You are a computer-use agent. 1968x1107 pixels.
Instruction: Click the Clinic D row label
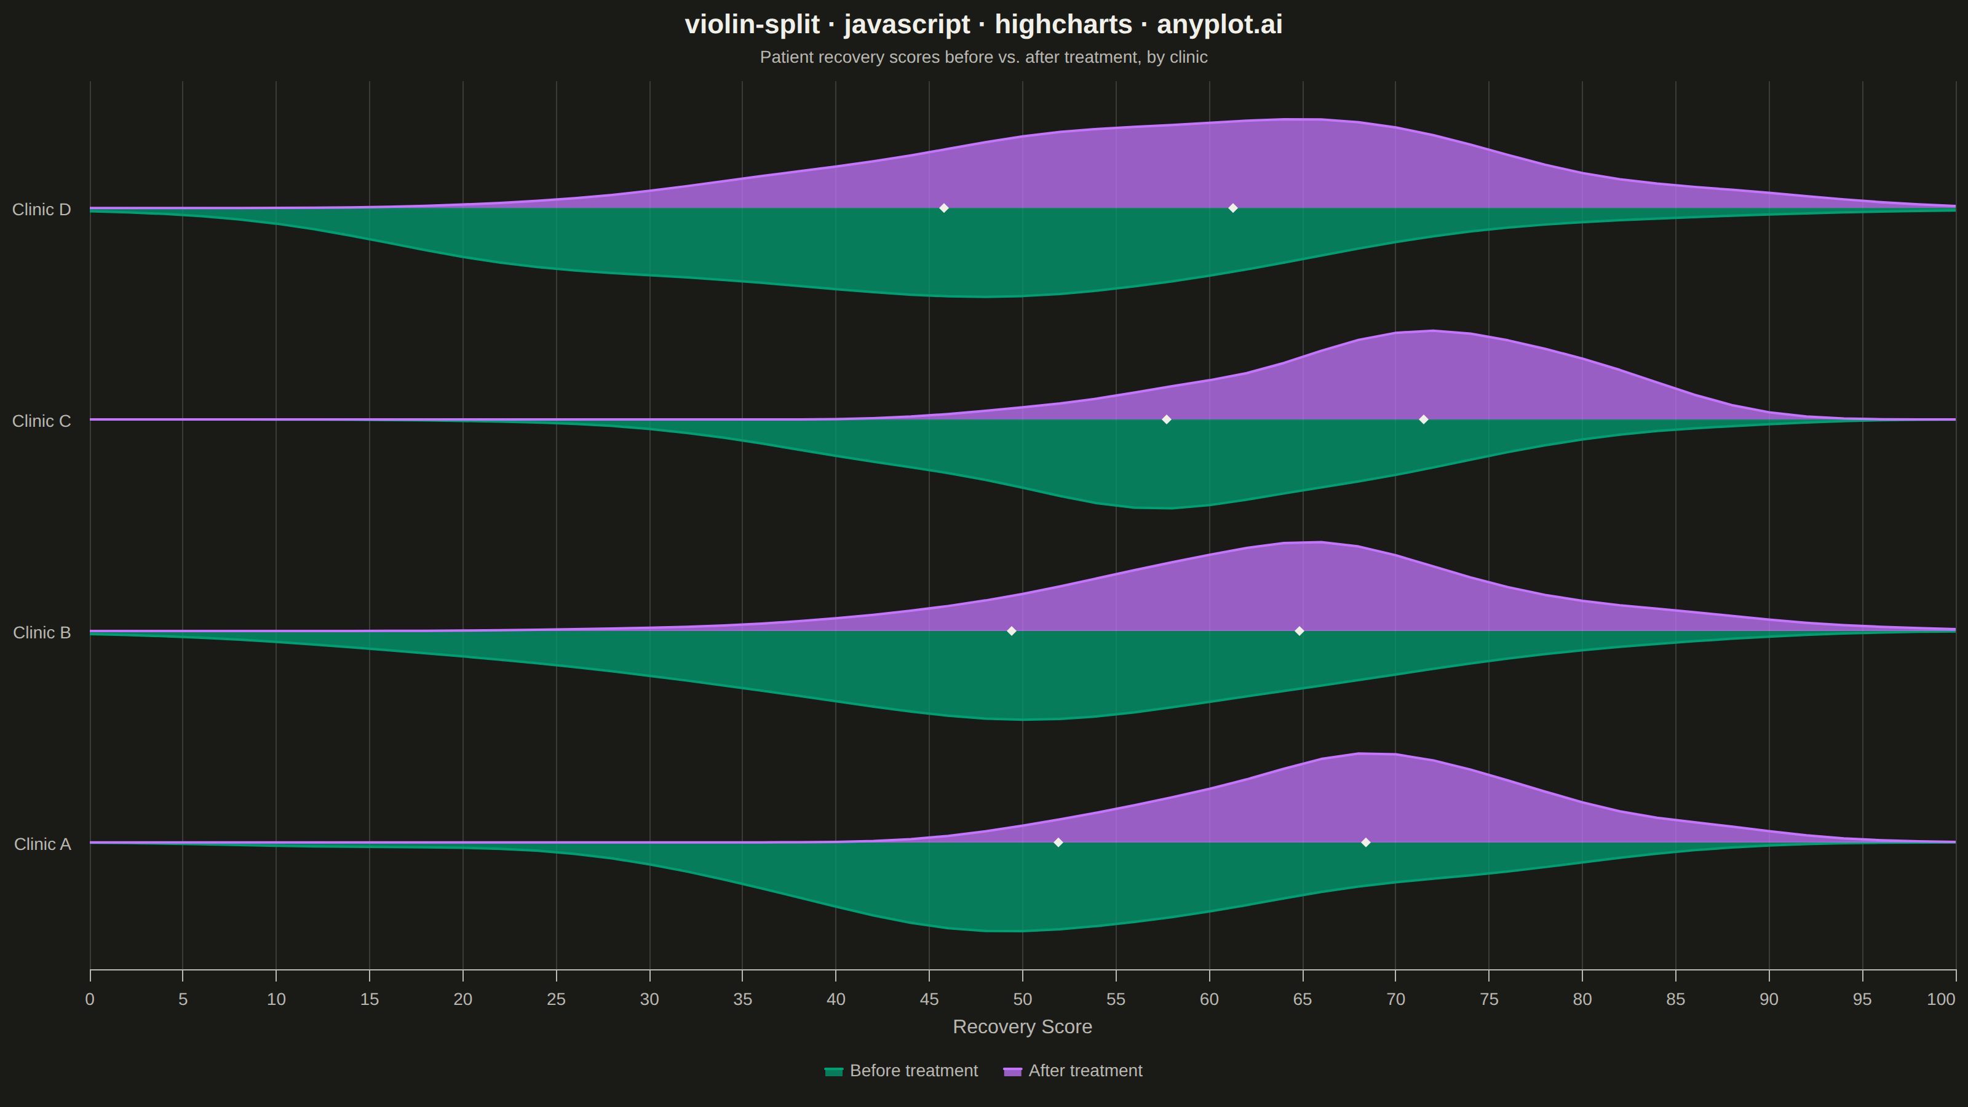(x=41, y=209)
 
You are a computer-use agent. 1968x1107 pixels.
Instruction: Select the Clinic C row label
(x=41, y=421)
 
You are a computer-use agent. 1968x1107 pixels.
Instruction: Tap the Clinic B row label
(x=41, y=633)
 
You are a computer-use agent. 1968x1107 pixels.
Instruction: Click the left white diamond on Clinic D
(x=943, y=208)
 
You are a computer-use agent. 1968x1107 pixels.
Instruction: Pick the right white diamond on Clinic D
(x=1232, y=208)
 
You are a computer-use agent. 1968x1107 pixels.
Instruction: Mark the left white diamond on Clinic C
(x=1166, y=419)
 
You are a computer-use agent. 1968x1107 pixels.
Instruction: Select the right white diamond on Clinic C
(x=1423, y=419)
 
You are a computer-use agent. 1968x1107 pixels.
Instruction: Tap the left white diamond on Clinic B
(x=1012, y=631)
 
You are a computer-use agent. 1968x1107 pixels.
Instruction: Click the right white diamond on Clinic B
(x=1299, y=631)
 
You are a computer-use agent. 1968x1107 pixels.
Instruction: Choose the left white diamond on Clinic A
(x=1058, y=843)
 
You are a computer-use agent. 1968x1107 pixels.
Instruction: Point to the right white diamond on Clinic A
(x=1365, y=843)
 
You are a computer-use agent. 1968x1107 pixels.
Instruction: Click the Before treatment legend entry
(x=902, y=1071)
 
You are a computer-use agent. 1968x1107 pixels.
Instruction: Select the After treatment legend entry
(x=1073, y=1071)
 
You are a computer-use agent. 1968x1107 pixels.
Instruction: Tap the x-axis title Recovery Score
(x=1022, y=1027)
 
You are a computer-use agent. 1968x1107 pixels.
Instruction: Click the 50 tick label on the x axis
(x=1022, y=999)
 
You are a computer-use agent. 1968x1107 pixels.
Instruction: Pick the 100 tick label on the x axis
(x=1940, y=999)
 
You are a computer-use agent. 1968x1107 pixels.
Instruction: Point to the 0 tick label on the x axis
(x=90, y=999)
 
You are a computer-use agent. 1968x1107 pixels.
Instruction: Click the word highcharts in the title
(x=1063, y=25)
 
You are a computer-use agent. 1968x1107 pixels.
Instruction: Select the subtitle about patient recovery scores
(x=984, y=57)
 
